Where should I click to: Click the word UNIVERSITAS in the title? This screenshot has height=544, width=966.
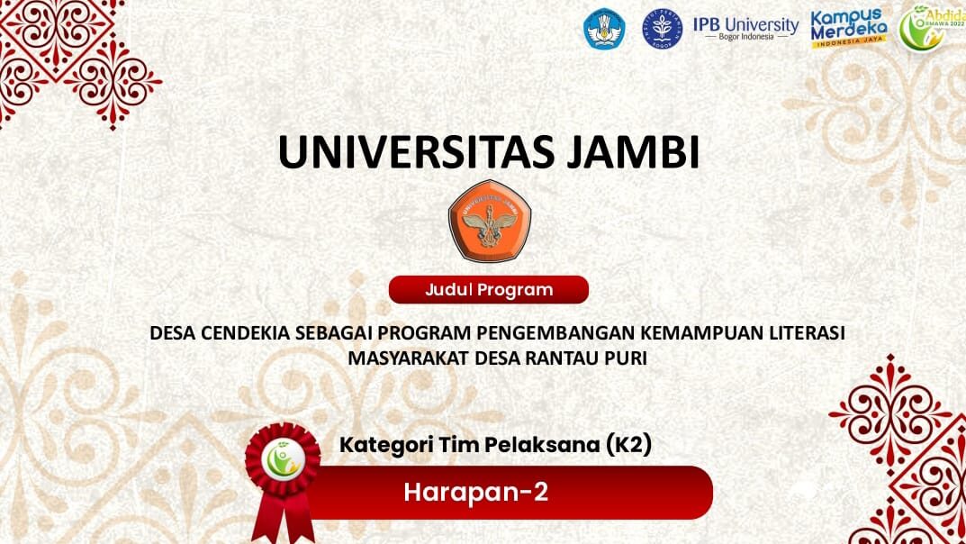coord(416,151)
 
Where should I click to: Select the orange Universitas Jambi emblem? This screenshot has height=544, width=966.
coord(490,221)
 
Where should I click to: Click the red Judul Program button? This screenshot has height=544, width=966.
coord(489,289)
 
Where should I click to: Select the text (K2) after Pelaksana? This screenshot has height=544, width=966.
coord(629,446)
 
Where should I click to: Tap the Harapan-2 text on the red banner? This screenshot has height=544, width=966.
coord(475,493)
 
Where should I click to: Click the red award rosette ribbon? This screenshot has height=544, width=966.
coord(283,481)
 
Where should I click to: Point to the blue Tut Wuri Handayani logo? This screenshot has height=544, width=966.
coord(604,28)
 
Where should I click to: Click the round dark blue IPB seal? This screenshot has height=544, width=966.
coord(663,28)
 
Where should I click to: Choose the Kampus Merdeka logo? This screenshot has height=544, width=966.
coord(849,28)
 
